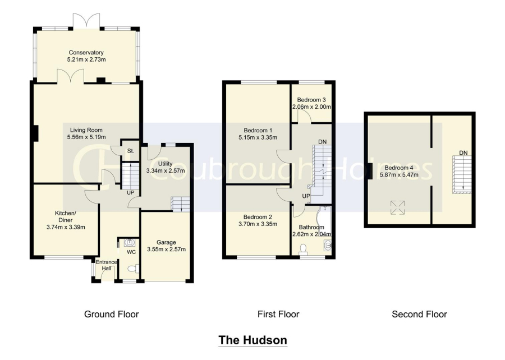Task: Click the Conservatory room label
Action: [x=86, y=53]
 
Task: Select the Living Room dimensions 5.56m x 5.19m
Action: [x=86, y=137]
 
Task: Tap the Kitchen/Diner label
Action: [x=66, y=216]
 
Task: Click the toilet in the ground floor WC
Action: [x=133, y=268]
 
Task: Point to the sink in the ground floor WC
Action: [x=129, y=242]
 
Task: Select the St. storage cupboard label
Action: [x=130, y=151]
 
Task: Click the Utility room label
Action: [x=165, y=164]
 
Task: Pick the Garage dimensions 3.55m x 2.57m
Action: [x=166, y=250]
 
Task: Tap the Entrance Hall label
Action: [x=106, y=265]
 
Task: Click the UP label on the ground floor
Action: [x=130, y=193]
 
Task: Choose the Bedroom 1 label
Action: [x=258, y=130]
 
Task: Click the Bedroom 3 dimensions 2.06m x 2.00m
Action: [x=311, y=107]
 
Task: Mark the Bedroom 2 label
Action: [x=258, y=217]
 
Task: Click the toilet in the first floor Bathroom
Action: [x=303, y=248]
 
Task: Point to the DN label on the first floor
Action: [x=323, y=142]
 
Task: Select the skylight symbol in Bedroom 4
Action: [x=397, y=207]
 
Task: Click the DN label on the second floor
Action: [x=463, y=153]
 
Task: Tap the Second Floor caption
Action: [x=419, y=315]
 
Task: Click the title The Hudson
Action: [x=253, y=340]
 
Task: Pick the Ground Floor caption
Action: [x=112, y=315]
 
